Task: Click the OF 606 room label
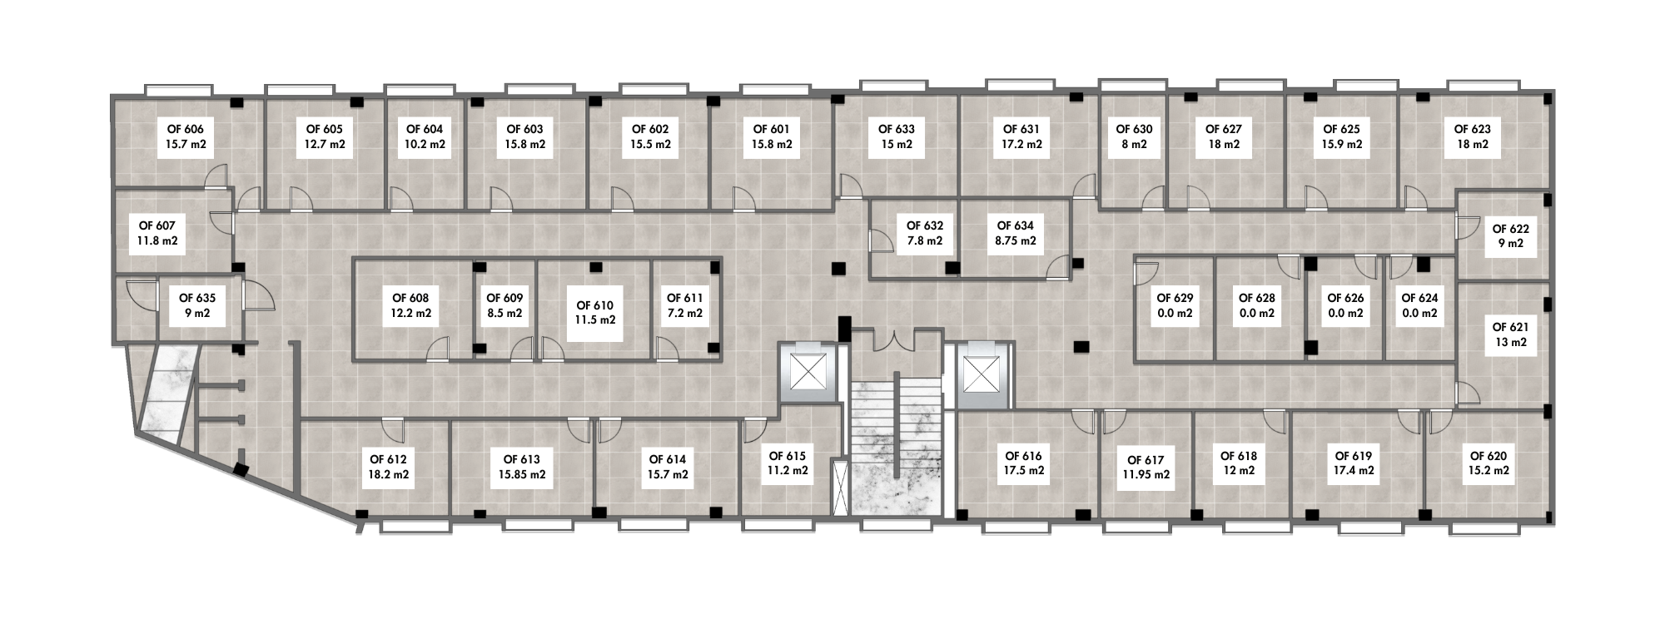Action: coord(186,136)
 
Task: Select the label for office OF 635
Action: coord(198,305)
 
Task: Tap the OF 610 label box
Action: coord(594,312)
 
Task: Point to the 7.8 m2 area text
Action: coord(924,241)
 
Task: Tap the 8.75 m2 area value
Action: coord(1015,241)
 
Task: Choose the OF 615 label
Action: coord(787,463)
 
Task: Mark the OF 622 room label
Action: coord(1510,235)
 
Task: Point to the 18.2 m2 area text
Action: coord(388,475)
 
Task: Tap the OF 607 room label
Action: coord(157,233)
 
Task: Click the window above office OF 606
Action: coord(178,89)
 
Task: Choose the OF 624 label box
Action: coord(1419,305)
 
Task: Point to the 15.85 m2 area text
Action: coord(522,475)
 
